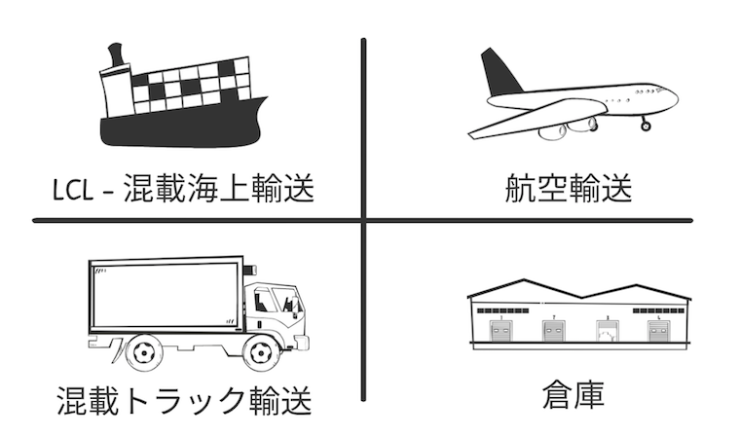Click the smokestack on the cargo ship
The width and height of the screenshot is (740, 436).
116,54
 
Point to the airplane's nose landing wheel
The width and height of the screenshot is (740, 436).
646,126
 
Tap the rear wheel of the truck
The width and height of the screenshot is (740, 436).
142,352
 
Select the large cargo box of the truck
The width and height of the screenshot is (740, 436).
166,295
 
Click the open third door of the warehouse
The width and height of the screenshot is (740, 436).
608,330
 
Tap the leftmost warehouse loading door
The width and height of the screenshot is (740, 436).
500,330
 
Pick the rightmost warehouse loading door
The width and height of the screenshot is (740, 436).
659,330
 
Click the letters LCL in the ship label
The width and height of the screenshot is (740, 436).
72,190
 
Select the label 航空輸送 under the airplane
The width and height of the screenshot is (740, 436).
569,189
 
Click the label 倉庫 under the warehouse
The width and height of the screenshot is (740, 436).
573,395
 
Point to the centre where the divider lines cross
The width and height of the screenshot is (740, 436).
363,220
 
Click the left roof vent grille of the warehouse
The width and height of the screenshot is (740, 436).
502,311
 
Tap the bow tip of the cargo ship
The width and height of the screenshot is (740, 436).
267,97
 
